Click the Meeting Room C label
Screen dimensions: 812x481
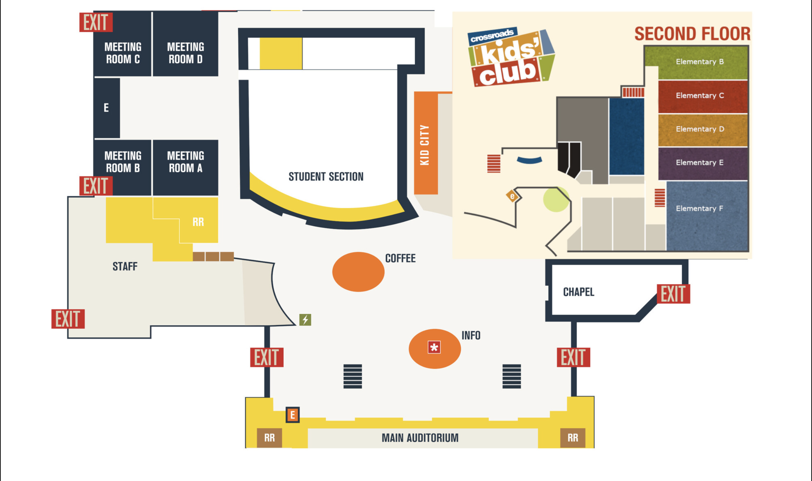tap(123, 53)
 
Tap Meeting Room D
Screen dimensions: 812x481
tap(185, 53)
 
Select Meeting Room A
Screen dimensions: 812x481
tap(185, 162)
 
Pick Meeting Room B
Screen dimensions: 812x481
tap(123, 162)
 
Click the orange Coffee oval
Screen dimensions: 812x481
tap(358, 272)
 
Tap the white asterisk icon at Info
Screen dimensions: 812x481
tap(434, 347)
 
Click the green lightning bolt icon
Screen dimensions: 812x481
tap(305, 320)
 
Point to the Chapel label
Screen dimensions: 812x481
tap(579, 292)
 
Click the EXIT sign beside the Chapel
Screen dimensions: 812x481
tap(673, 294)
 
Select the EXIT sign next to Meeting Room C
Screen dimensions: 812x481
tap(96, 22)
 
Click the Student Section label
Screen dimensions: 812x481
tap(326, 177)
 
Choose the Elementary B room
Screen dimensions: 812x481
tap(699, 62)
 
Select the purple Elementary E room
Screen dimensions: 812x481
tap(699, 163)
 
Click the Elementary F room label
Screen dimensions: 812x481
tap(699, 208)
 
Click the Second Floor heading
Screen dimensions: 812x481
tap(692, 34)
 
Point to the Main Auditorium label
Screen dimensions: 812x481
tap(420, 438)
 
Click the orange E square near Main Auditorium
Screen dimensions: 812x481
tap(293, 415)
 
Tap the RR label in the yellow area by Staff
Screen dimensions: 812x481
tap(198, 222)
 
